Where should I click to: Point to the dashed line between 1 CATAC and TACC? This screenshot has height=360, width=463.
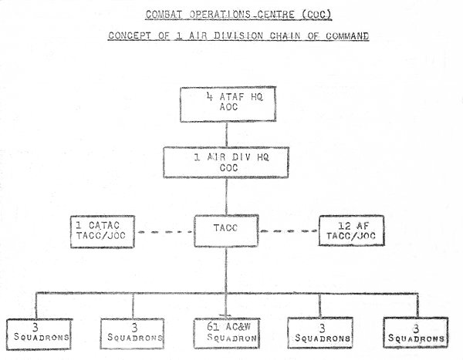(x=165, y=232)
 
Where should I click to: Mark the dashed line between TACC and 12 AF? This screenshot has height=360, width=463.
(x=289, y=231)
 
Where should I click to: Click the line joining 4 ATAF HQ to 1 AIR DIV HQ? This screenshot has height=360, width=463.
(x=226, y=134)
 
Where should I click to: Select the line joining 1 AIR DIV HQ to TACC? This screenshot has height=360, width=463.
(x=226, y=197)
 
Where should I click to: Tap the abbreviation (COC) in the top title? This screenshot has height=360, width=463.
(x=316, y=15)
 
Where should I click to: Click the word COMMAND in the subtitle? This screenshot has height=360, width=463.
(x=347, y=35)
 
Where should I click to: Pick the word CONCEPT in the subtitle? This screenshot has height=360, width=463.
(x=130, y=35)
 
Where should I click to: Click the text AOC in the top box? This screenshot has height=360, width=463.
(x=228, y=107)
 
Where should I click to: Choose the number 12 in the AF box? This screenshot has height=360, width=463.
(x=344, y=226)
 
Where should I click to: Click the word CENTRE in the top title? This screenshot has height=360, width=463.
(x=276, y=14)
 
